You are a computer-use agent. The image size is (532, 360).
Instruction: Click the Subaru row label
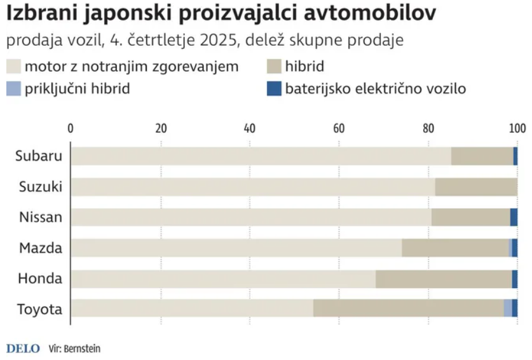39,156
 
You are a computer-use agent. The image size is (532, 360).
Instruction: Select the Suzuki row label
39,187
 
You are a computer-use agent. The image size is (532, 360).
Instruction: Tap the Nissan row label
41,218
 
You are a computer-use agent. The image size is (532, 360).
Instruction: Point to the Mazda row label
41,248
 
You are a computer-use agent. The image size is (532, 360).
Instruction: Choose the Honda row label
41,279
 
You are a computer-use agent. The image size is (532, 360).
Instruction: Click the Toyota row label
39,310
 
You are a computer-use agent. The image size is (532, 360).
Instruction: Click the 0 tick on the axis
71,128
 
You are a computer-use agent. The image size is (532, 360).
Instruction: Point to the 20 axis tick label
161,128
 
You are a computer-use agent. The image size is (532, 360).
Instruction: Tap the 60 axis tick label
339,128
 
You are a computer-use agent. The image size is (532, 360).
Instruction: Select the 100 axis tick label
517,128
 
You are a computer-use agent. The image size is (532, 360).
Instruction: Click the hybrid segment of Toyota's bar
408,308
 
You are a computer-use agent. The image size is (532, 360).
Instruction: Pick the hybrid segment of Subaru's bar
482,156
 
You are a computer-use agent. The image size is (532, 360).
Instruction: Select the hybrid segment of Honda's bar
443,279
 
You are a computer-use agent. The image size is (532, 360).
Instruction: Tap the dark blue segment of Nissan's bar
514,218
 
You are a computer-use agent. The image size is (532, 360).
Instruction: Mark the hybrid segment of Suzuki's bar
476,187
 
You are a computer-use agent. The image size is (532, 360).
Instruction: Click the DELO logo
23,349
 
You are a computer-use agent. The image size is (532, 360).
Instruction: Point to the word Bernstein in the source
82,349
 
